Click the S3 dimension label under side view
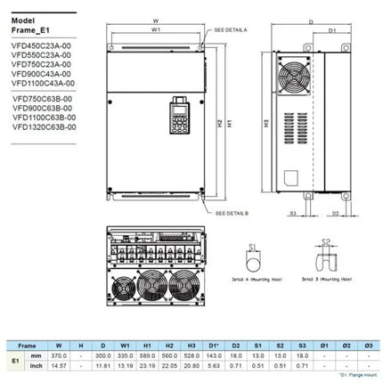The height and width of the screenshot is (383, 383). tap(293, 213)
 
